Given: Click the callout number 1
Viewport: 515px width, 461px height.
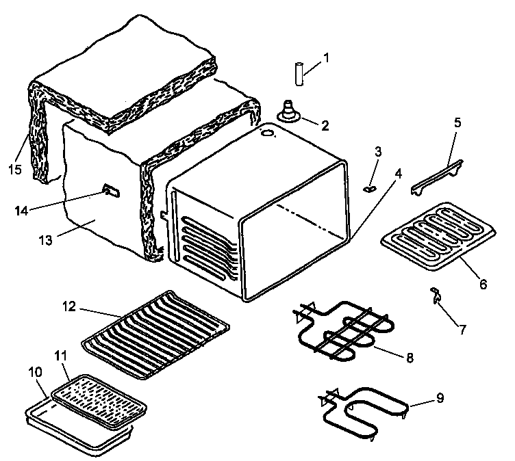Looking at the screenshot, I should pos(325,58).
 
